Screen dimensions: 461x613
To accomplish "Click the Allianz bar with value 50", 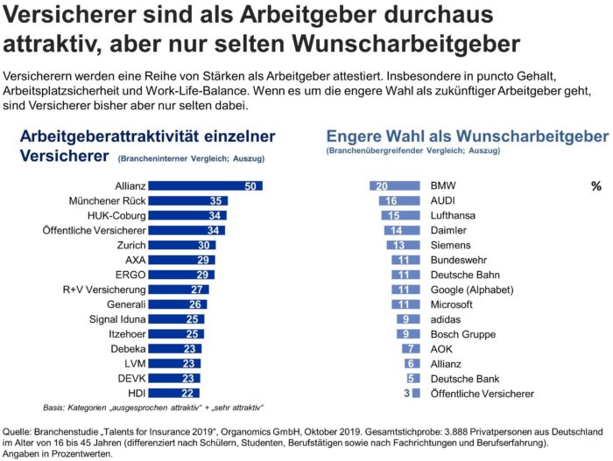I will tap(205, 185).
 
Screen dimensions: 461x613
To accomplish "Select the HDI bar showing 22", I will tap(173, 394).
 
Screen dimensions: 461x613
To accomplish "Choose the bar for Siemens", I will tap(402, 246).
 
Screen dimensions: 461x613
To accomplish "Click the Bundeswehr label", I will tap(461, 261).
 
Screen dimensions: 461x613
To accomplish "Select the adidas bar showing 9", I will tap(407, 320).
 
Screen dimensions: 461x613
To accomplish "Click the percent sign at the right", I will tap(595, 186).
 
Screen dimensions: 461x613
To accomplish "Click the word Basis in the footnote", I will tap(55, 409).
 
